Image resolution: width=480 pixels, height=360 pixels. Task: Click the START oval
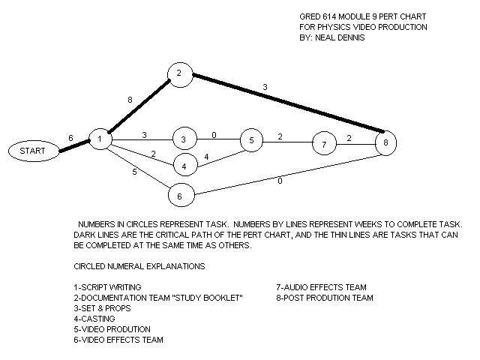tap(32, 151)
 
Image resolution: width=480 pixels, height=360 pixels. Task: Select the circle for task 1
tap(100, 139)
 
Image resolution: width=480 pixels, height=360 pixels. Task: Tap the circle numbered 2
tap(179, 73)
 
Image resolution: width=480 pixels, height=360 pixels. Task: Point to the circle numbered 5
tap(253, 139)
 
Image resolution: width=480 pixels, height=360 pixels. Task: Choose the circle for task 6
tap(180, 195)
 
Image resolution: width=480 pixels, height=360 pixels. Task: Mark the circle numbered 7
tap(324, 142)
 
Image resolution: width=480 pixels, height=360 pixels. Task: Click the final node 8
tap(385, 142)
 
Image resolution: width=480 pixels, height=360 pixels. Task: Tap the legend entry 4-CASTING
tap(94, 319)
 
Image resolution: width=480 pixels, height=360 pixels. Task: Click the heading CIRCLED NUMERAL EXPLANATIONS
tap(139, 266)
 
